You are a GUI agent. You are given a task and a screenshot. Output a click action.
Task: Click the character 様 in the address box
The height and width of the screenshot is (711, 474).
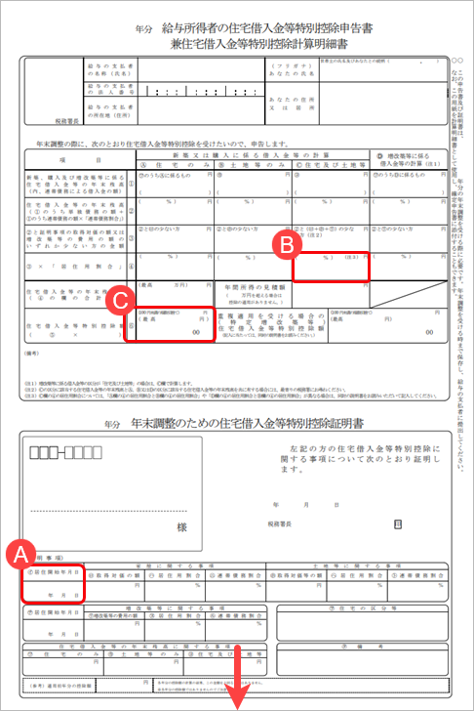tap(181, 527)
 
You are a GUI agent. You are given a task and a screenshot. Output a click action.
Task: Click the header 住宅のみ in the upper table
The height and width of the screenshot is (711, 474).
tap(176, 167)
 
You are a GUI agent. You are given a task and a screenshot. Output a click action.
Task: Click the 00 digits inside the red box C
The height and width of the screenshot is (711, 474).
tap(198, 333)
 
